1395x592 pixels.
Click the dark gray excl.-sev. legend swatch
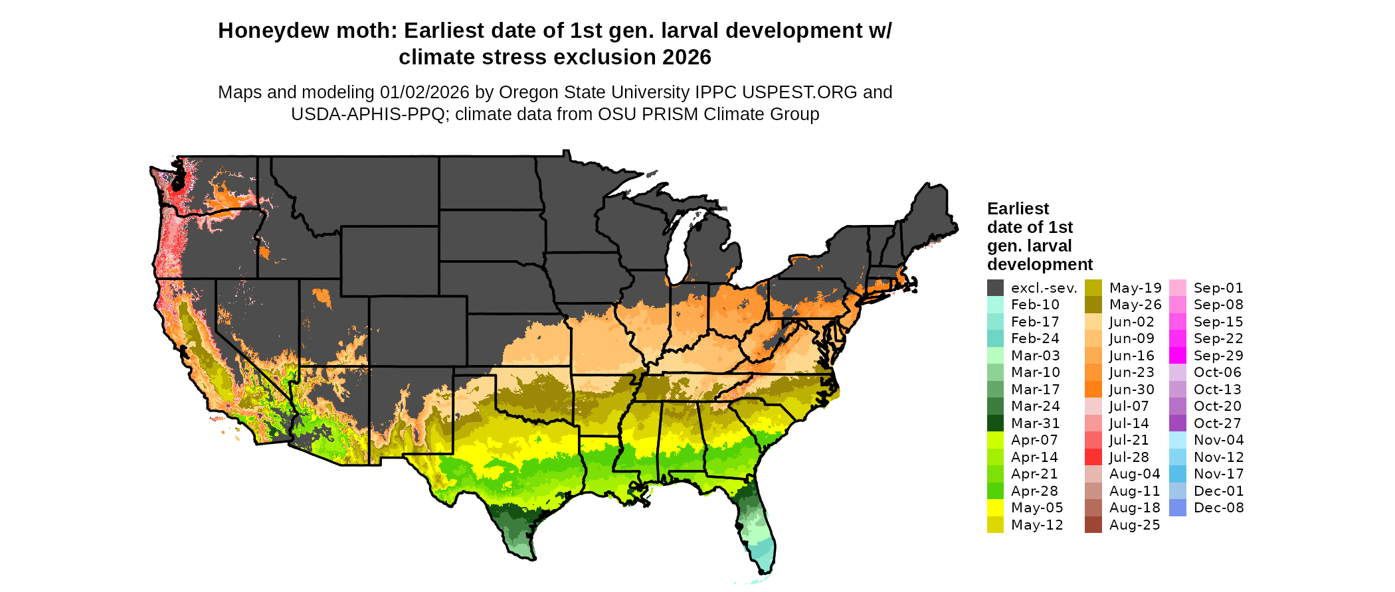tap(995, 288)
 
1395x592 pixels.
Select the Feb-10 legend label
tap(1035, 305)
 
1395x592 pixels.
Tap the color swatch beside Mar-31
tap(995, 423)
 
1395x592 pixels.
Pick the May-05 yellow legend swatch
tap(995, 508)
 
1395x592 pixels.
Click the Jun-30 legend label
tap(1131, 390)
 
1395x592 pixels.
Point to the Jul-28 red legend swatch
tap(1093, 457)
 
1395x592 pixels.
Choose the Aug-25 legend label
tap(1134, 525)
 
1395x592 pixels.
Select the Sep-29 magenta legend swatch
tap(1177, 356)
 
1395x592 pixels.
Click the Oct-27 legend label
tap(1217, 423)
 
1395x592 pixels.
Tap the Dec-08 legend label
tap(1218, 508)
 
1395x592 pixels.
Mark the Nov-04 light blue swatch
tap(1177, 440)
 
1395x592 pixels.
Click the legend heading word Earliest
tap(1018, 208)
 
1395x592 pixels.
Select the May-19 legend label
tap(1135, 288)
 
